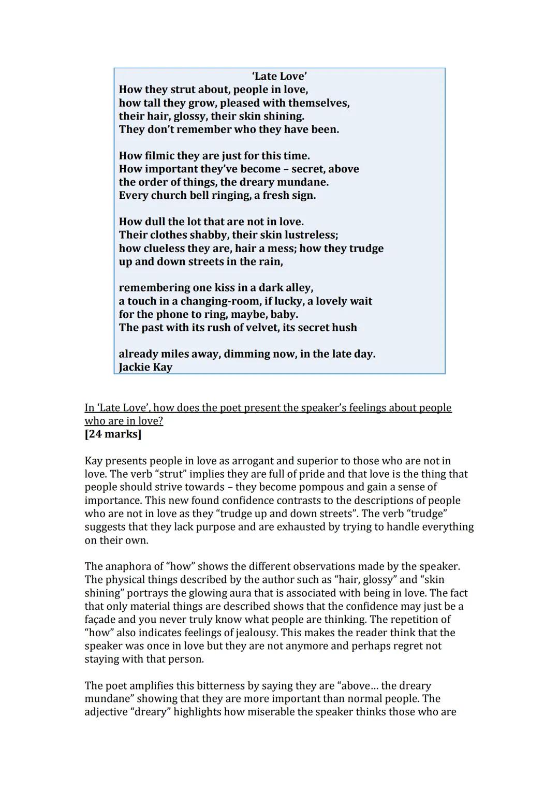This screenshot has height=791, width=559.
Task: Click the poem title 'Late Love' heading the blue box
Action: tap(279, 77)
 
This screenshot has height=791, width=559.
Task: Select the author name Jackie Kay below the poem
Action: tap(145, 367)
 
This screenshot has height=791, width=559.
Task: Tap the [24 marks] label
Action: tap(113, 434)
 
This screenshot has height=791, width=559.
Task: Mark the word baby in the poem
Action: tap(284, 314)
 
